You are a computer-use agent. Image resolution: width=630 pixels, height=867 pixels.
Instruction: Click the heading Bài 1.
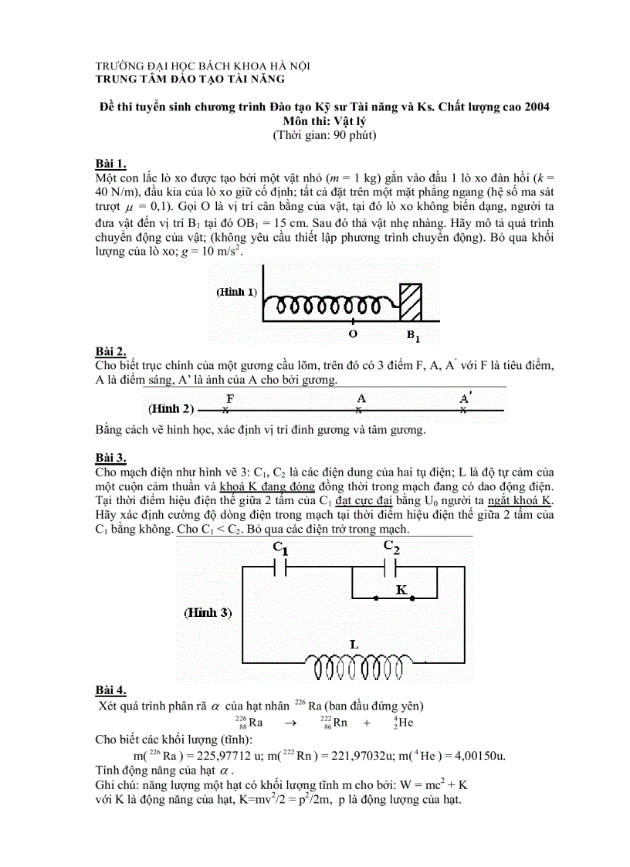click(110, 164)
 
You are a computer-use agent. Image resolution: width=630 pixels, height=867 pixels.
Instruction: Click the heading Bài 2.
click(110, 351)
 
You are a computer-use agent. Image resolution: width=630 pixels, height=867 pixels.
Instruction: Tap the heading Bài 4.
click(110, 690)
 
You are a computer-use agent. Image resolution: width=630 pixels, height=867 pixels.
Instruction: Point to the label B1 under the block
click(414, 336)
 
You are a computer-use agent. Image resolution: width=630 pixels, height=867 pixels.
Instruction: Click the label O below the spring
click(353, 334)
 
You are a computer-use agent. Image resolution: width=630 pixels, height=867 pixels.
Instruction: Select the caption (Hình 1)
click(237, 293)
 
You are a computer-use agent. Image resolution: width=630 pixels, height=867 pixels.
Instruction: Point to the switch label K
click(401, 589)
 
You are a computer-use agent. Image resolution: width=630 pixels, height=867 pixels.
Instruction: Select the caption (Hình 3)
click(207, 612)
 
